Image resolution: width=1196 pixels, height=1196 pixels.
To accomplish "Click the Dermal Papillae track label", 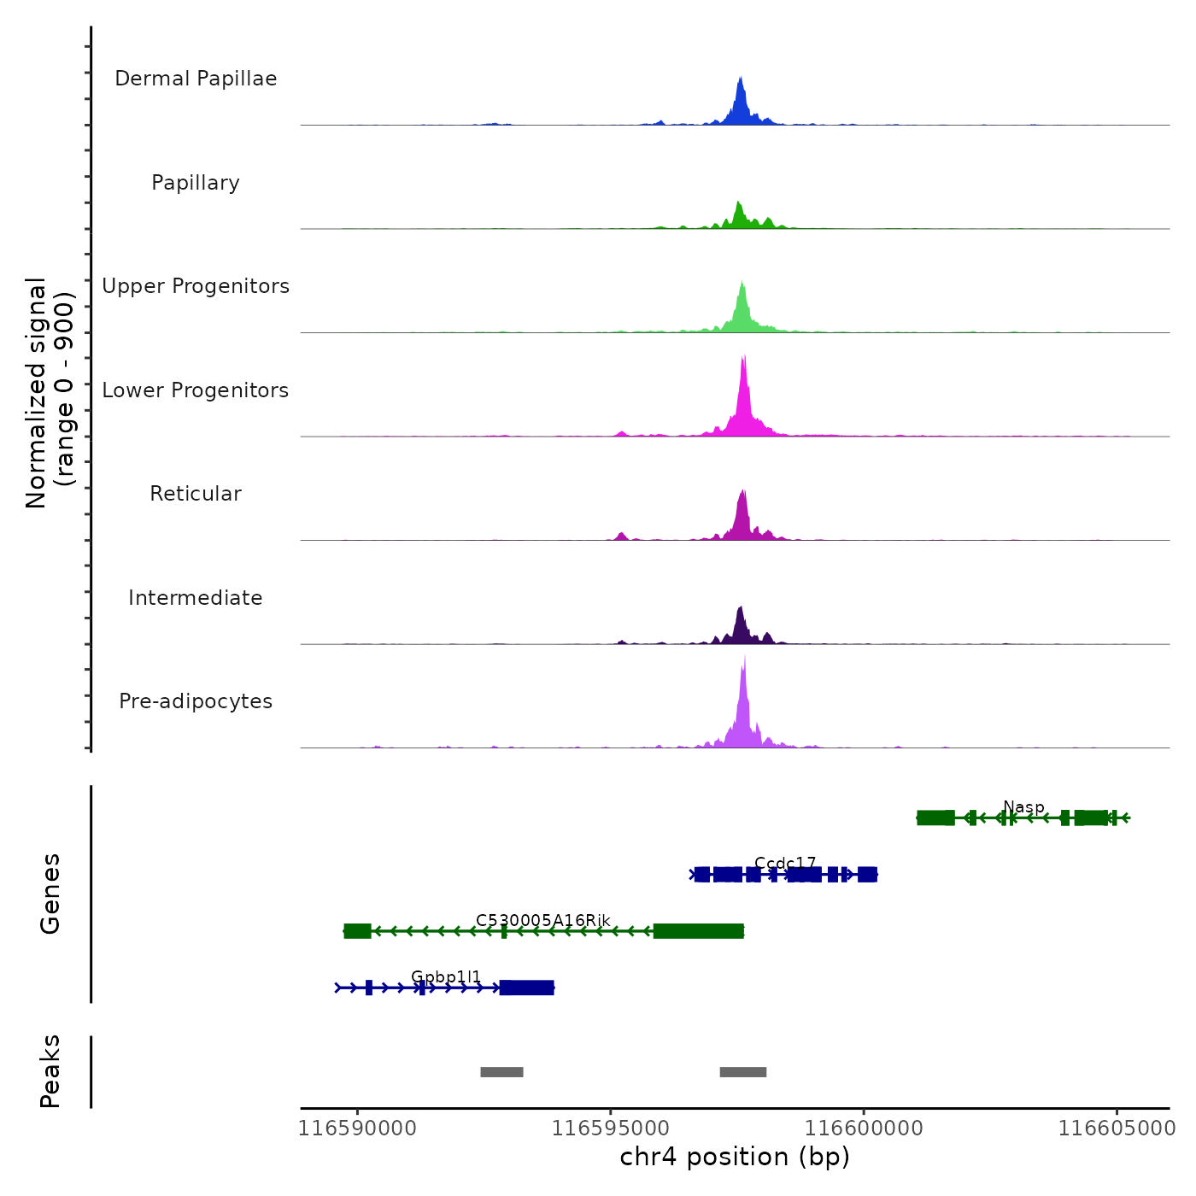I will pos(196,79).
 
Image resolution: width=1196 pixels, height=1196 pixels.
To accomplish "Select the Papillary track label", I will pos(196,183).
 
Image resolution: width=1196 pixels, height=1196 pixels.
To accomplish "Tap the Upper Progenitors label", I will pos(196,286).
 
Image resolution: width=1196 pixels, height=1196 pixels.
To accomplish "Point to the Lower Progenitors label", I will pos(196,390).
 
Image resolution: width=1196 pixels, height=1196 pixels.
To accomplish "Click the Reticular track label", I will pos(196,494).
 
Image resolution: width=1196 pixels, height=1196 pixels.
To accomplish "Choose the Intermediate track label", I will pos(196,598).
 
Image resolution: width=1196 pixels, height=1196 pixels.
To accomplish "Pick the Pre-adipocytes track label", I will pos(196,701).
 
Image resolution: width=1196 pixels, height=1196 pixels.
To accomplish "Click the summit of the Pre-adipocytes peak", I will pos(744,656).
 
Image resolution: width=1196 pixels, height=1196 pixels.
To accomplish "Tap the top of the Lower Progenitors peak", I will pos(744,356).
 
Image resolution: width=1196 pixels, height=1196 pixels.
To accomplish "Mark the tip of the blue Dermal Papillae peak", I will pos(741,78).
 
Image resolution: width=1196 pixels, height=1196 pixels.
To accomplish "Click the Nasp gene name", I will pos(1023,807).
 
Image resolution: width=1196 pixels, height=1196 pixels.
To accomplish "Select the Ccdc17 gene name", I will pos(785,864).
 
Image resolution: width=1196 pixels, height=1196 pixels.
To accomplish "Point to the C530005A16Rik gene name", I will pos(543,920).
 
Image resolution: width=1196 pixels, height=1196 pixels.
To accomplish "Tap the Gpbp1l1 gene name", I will pos(446,976).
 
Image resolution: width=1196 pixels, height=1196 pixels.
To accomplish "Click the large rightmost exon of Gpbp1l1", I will pos(527,988).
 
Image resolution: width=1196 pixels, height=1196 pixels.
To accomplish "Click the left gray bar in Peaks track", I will pos(501,1072).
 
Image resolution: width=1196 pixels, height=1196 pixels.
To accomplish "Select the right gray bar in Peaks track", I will pos(743,1072).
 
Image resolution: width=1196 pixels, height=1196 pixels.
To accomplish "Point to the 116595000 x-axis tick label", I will pos(610,1129).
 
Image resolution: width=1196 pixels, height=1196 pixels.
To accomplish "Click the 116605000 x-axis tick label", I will pos(1117,1129).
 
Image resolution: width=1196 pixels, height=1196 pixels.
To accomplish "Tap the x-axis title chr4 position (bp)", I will pos(735,1157).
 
